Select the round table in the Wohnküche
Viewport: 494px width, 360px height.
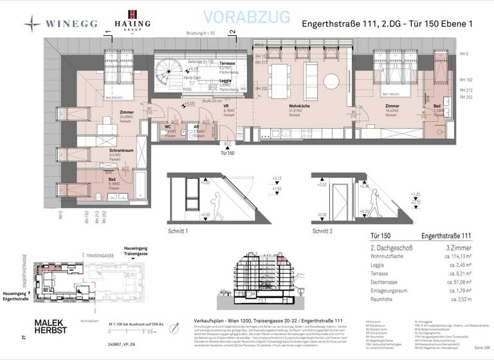332,80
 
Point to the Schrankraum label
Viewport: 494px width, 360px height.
102,149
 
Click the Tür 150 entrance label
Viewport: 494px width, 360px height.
226,154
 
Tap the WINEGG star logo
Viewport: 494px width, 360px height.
32,23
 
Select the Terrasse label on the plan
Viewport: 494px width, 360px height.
227,64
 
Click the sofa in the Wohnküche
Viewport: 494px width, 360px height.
311,71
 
